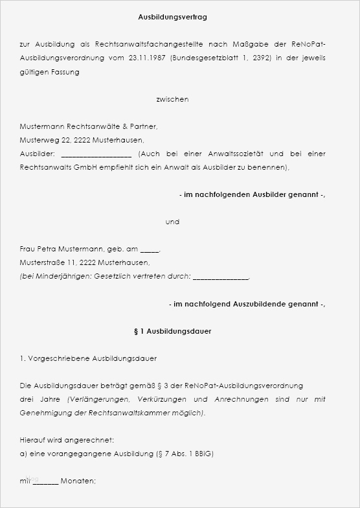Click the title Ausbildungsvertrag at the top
(x=173, y=17)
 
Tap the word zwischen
(x=172, y=99)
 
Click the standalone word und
(x=172, y=222)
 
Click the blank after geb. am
(x=149, y=249)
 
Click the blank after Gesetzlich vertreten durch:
(x=220, y=277)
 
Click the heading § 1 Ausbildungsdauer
(x=172, y=331)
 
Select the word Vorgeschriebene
(x=59, y=358)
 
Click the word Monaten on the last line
(x=78, y=481)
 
